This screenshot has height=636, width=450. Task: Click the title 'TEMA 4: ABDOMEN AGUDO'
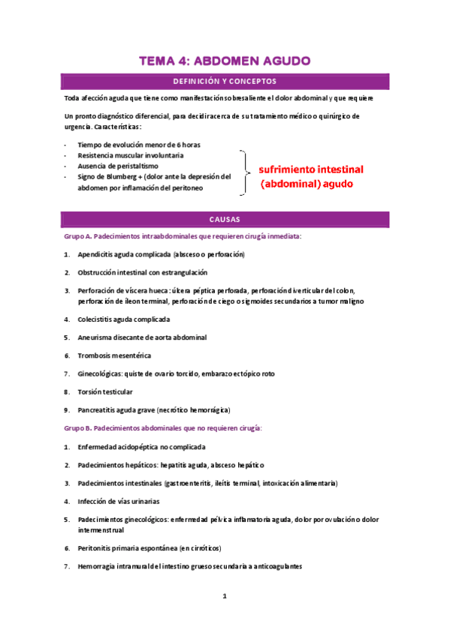tap(225, 61)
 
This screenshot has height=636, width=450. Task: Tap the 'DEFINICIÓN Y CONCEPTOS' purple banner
tap(225, 81)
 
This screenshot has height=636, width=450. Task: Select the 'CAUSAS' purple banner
tap(225, 220)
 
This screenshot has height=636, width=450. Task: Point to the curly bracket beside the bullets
tap(245, 173)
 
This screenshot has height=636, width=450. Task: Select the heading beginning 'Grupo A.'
tap(183, 236)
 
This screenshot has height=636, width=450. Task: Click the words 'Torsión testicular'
tap(105, 391)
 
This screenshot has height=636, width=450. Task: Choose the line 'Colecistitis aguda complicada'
tap(123, 319)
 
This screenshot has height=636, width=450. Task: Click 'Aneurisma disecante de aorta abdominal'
tap(142, 337)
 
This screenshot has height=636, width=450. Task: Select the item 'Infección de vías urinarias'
tap(118, 501)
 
